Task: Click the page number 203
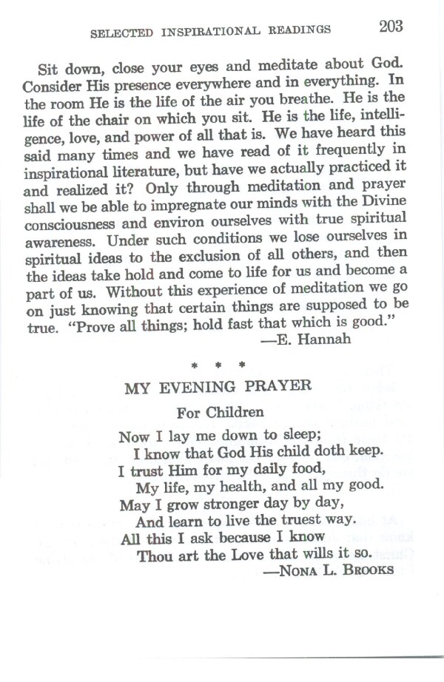[391, 27]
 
